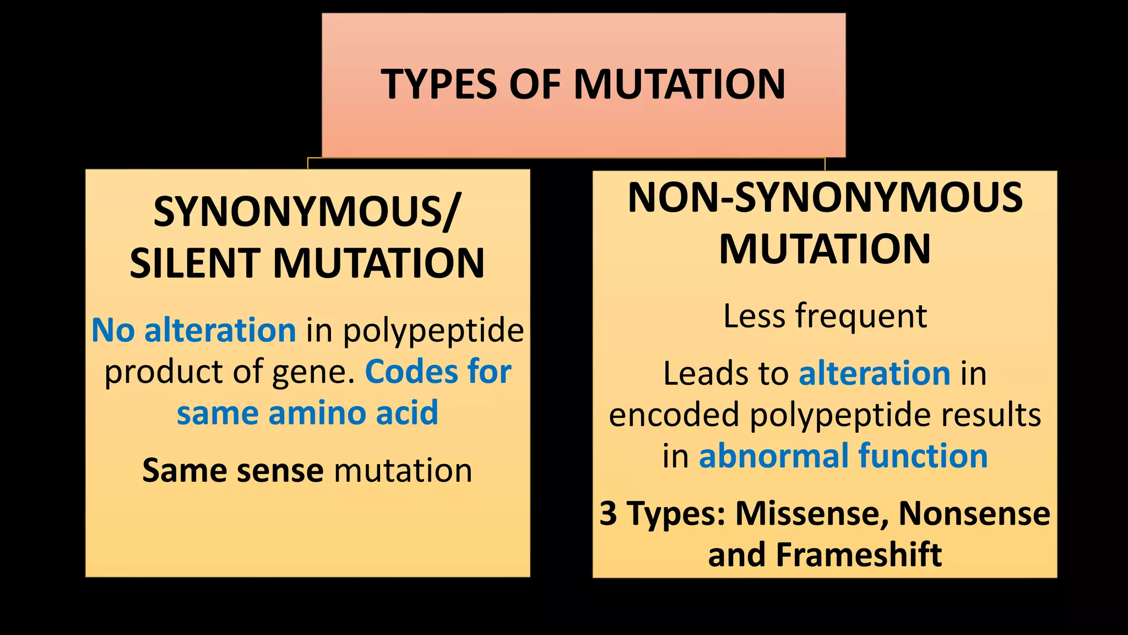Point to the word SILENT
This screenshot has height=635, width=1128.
[195, 263]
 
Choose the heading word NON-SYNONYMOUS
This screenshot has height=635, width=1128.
[825, 197]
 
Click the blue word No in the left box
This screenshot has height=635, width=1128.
[113, 330]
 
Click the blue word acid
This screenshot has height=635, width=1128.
[407, 413]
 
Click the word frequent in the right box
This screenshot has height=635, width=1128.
[861, 316]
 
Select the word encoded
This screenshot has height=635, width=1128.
[674, 415]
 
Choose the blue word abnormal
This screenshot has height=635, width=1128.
[774, 456]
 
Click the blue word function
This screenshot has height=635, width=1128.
[923, 456]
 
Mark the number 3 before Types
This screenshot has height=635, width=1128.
[608, 513]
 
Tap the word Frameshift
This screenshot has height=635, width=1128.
[859, 555]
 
